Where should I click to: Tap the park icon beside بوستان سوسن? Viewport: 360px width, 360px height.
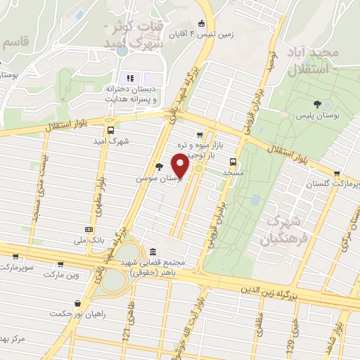[x=160, y=167]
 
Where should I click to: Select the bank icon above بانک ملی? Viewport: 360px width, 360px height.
[x=88, y=229]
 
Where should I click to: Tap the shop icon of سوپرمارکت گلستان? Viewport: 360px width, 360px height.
[x=337, y=173]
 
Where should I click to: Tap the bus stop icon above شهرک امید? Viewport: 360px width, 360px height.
[x=110, y=130]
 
